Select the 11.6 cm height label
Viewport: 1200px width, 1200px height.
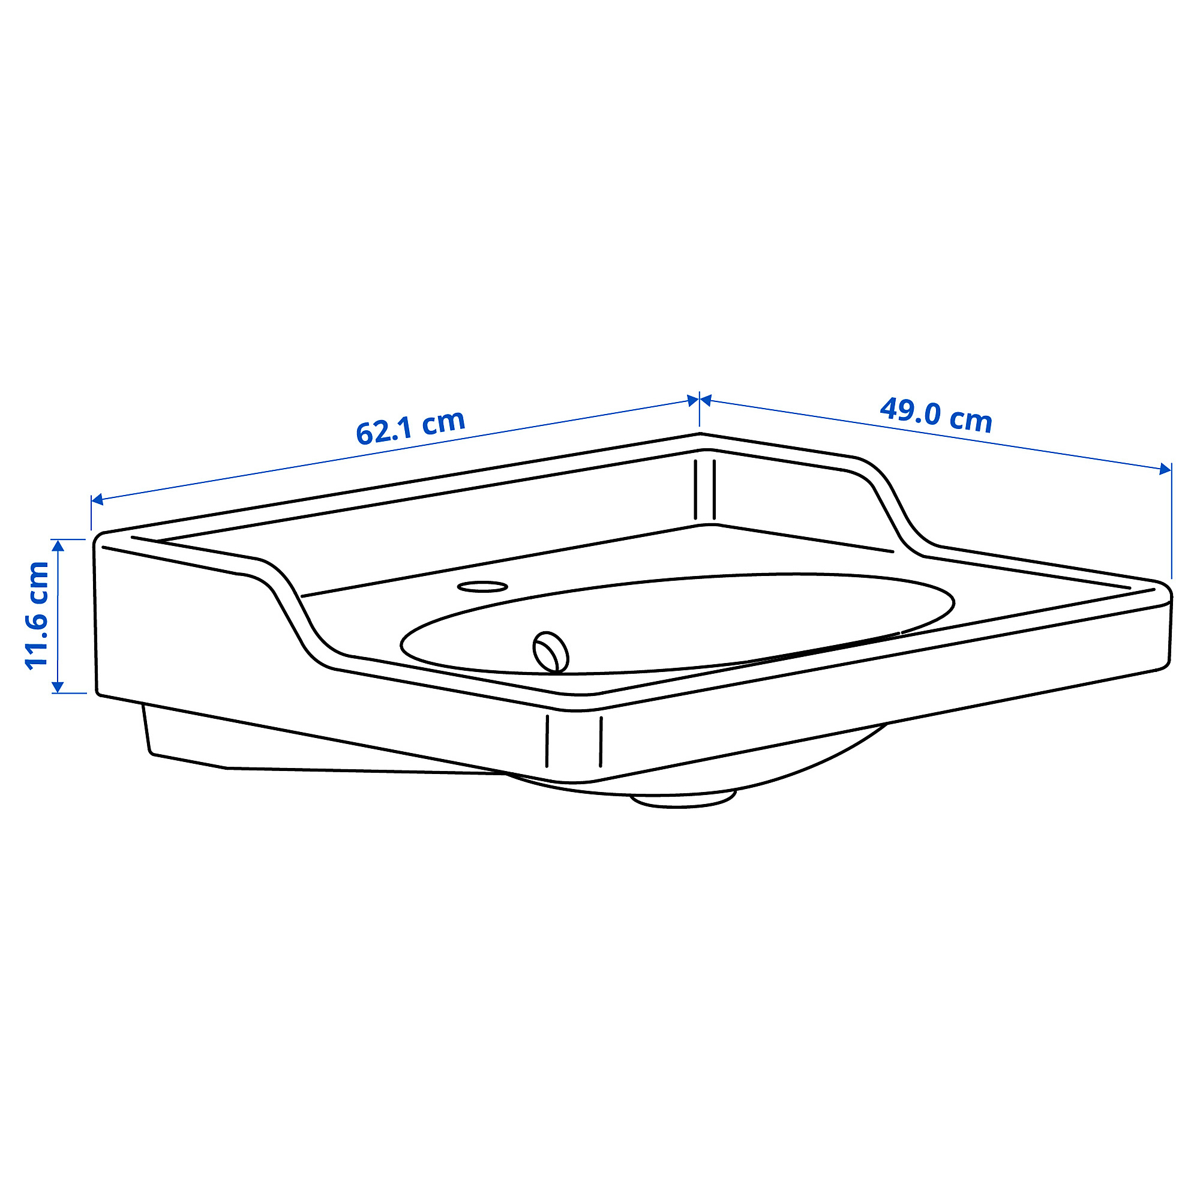tap(37, 614)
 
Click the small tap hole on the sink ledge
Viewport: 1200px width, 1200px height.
tap(482, 586)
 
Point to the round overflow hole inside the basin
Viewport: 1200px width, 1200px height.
tap(551, 652)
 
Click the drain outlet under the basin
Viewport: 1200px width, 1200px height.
tap(683, 799)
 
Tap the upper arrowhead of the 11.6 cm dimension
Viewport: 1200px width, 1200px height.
tap(58, 546)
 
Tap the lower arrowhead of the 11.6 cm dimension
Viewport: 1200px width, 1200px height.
tap(58, 686)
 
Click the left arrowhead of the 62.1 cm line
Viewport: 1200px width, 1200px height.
tap(98, 499)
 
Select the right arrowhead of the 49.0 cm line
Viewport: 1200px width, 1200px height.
tap(1165, 469)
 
